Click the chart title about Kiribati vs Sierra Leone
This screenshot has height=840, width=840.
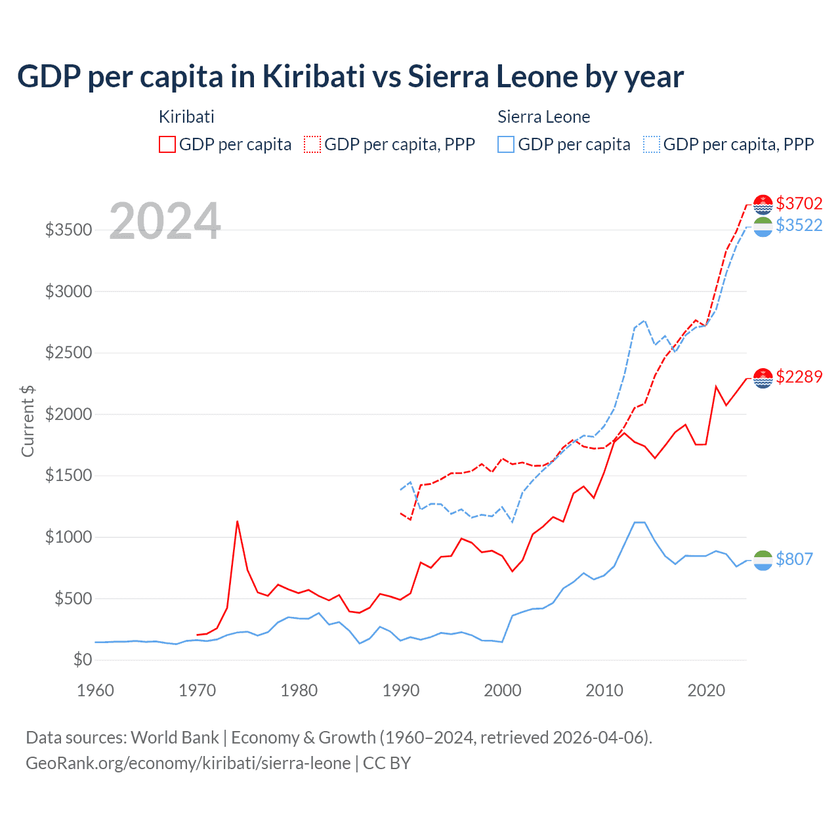[350, 77]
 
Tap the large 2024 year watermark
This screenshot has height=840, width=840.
[165, 221]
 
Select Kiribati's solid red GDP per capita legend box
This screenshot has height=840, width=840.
[167, 144]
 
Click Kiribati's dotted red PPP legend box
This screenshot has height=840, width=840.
[312, 144]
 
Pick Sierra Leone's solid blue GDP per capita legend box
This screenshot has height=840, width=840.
[506, 144]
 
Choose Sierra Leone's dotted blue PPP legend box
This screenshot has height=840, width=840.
[652, 144]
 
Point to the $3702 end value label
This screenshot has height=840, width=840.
[799, 203]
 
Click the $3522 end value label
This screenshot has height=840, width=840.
[799, 225]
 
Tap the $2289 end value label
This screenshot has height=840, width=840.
[799, 377]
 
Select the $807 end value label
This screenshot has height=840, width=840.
[794, 559]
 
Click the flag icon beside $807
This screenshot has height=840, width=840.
[763, 560]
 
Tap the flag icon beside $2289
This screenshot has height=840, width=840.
[763, 378]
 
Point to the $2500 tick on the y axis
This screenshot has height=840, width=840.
[68, 352]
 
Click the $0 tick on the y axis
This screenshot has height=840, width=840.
[82, 660]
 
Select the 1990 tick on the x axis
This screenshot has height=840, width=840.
[400, 690]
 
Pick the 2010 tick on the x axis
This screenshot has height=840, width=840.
[604, 690]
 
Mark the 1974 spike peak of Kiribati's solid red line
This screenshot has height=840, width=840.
[237, 521]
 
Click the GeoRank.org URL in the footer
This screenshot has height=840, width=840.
[188, 763]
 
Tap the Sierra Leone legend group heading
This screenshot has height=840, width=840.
[543, 117]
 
